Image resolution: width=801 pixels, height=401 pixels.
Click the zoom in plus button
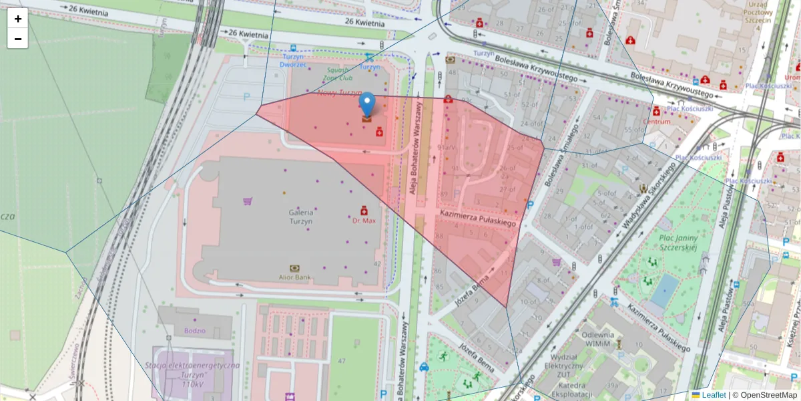click(18, 19)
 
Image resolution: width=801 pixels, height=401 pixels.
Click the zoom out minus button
click(18, 39)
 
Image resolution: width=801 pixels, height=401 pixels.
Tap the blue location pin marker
click(366, 105)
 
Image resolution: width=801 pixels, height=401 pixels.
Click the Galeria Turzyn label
click(301, 217)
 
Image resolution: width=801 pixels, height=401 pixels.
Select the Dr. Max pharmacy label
click(364, 220)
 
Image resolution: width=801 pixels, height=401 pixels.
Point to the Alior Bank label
click(294, 276)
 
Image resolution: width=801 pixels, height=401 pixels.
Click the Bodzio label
click(196, 331)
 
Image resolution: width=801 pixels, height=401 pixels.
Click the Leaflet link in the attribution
click(714, 395)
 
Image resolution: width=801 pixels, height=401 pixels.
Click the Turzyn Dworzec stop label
click(293, 61)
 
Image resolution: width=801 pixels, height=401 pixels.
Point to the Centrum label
click(656, 122)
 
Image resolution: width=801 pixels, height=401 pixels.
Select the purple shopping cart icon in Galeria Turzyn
click(248, 200)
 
